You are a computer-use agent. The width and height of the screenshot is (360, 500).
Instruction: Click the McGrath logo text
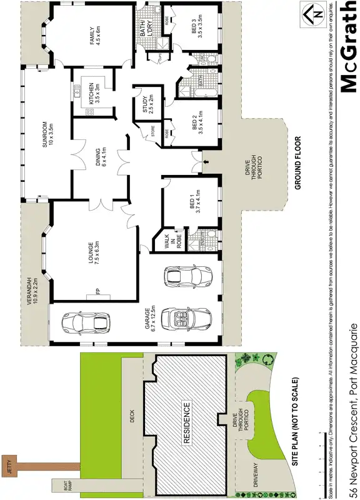coord(348,47)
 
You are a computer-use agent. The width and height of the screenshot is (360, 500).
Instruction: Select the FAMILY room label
coord(94,35)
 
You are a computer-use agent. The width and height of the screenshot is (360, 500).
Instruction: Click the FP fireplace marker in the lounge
coord(97,291)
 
